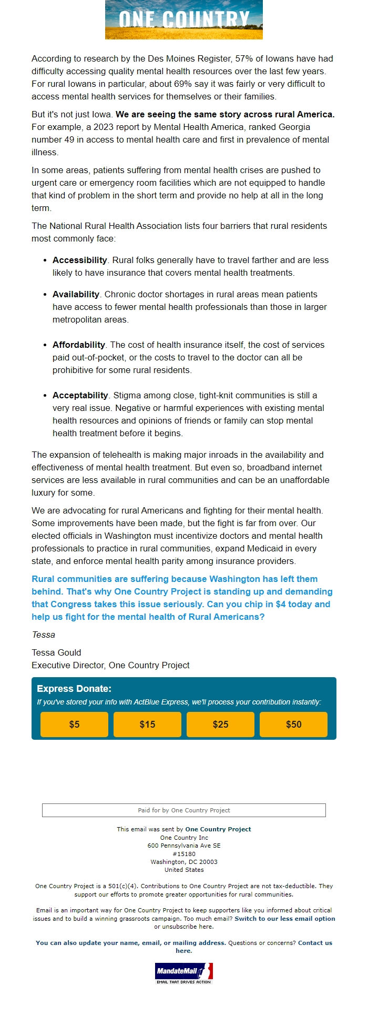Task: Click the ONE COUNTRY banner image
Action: click(183, 19)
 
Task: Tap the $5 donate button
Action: click(74, 725)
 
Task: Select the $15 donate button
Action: click(147, 725)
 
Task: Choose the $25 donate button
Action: click(220, 725)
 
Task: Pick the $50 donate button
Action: click(293, 725)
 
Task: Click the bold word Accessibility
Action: click(79, 260)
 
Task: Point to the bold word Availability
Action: click(76, 294)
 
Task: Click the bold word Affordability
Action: click(79, 345)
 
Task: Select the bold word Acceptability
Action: click(80, 395)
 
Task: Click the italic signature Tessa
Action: click(43, 635)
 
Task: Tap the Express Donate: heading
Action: click(74, 689)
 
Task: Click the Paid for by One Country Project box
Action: click(183, 810)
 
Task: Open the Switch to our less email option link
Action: click(284, 918)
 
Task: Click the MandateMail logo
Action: click(183, 973)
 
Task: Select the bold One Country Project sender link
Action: click(218, 829)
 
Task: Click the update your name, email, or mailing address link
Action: click(131, 942)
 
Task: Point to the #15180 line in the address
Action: click(183, 853)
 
